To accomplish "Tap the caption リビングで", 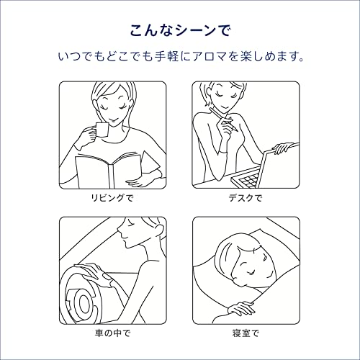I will click(x=113, y=197).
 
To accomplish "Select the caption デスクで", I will click(x=245, y=197).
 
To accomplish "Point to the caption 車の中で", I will click(x=113, y=333).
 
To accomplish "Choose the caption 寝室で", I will click(x=245, y=333).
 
